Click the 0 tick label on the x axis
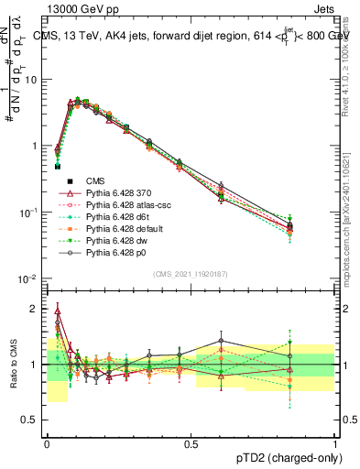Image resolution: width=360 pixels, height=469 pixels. coord(47,443)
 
